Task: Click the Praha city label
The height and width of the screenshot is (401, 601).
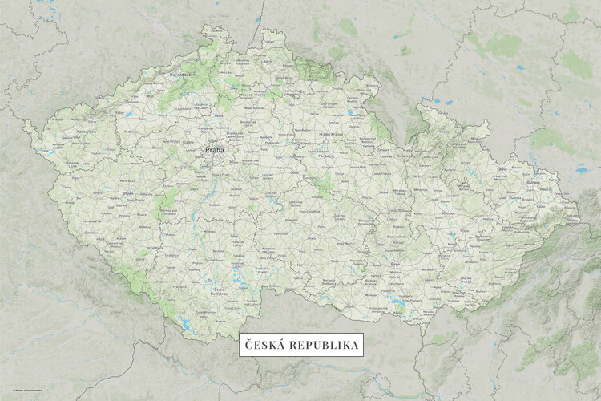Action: pyautogui.click(x=215, y=149)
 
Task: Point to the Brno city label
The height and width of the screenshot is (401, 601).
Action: pyautogui.click(x=393, y=262)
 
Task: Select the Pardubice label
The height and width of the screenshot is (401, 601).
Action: pyautogui.click(x=325, y=157)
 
